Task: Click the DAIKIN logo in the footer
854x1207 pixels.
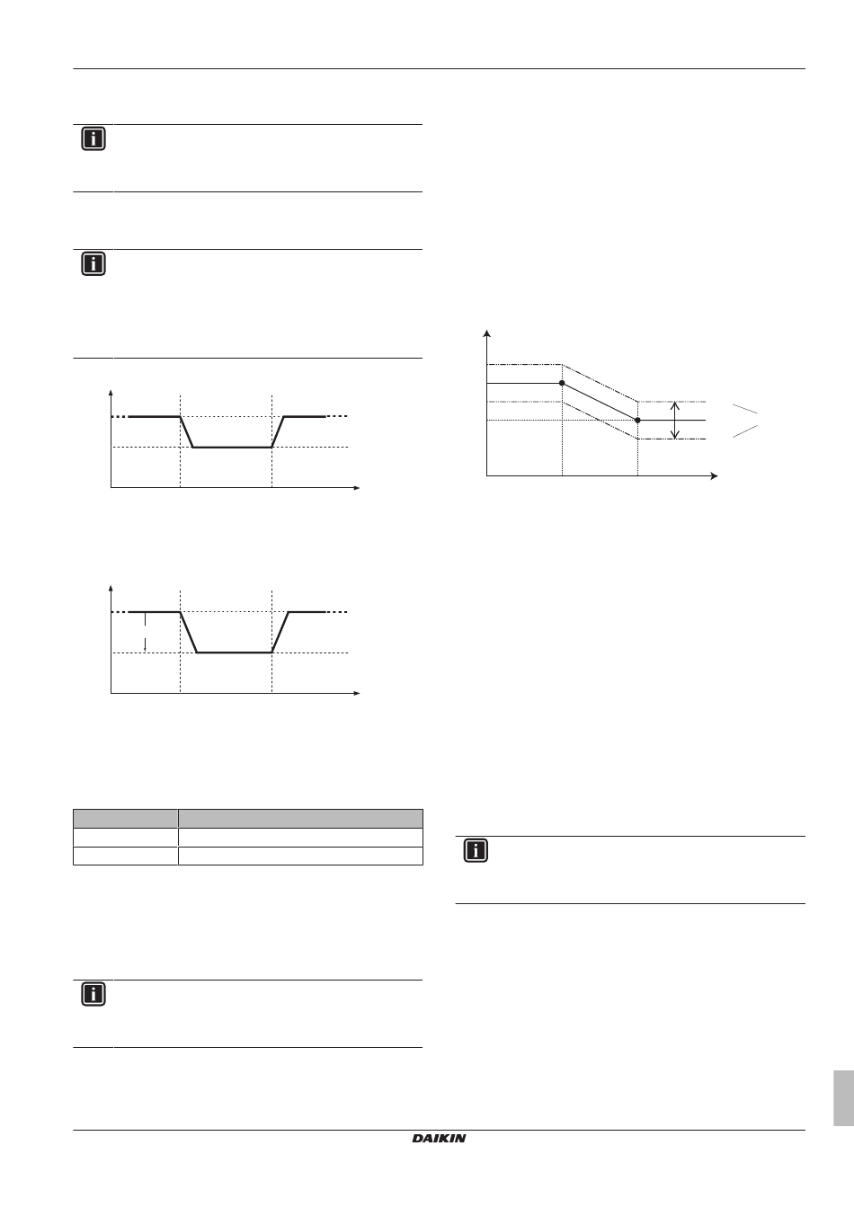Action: pos(440,1139)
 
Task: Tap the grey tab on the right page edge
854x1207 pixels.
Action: pos(841,1097)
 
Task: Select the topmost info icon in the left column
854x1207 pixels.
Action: pos(93,139)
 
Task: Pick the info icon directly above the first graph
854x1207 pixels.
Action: pos(93,264)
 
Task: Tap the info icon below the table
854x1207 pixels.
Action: pos(93,994)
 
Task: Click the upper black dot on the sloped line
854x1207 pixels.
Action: pos(562,383)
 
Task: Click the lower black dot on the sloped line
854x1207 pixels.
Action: pos(637,420)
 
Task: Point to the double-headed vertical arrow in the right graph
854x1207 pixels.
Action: pos(675,420)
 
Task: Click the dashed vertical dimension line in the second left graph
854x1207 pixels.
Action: pos(145,632)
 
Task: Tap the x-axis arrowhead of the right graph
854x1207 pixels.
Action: pos(715,475)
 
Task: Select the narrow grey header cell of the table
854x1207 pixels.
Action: pos(125,818)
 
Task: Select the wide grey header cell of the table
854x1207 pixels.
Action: pos(300,818)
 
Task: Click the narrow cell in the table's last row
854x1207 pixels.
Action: pos(125,855)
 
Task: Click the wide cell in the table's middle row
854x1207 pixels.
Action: pos(300,837)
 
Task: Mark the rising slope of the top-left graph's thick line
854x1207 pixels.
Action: pos(279,432)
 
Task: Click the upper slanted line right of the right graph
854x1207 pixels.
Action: pos(743,409)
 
